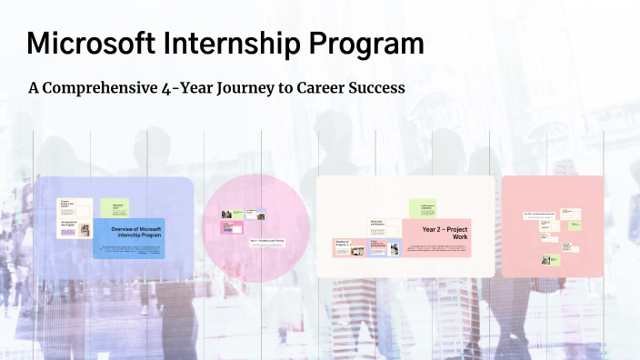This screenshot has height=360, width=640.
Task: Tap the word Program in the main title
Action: [x=370, y=43]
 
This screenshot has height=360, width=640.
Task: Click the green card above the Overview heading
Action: [x=114, y=207]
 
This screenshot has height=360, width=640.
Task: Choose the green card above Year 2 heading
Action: [x=423, y=208]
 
